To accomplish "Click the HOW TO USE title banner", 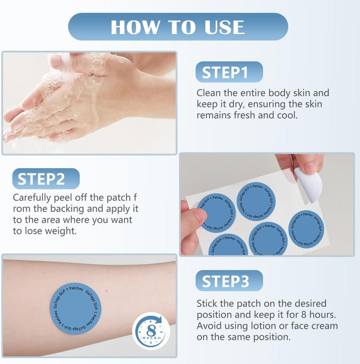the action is (x=178, y=27).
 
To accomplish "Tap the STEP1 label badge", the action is (x=229, y=72).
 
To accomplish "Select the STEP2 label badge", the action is (x=46, y=179).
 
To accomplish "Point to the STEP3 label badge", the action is (x=229, y=281).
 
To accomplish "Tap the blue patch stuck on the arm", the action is (x=75, y=309).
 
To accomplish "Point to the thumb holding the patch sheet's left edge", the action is (x=194, y=216).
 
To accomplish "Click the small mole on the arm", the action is (x=106, y=290).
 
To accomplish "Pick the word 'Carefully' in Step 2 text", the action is (x=32, y=198).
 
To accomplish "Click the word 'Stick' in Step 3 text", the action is (x=207, y=303).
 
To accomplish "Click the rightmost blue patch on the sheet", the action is (x=306, y=229).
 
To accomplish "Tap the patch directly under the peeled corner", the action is (x=256, y=201).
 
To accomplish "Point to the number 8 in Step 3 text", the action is (x=304, y=315).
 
